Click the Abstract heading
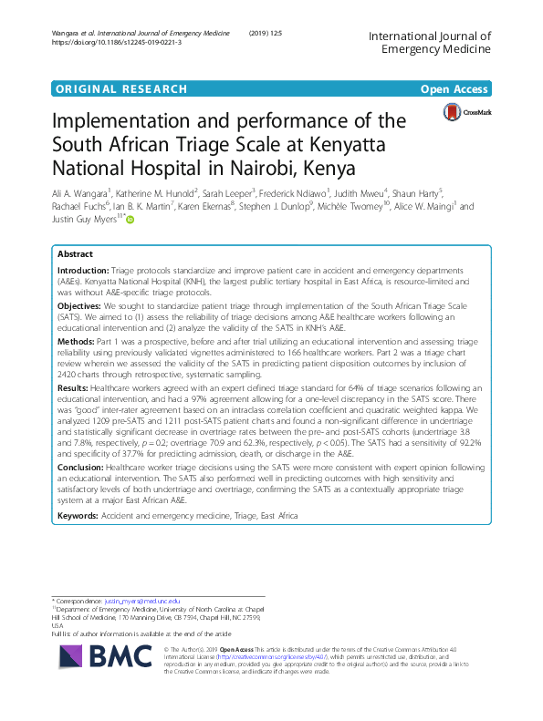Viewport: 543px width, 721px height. pyautogui.click(x=75, y=254)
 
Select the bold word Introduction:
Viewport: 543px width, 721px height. pyautogui.click(x=82, y=273)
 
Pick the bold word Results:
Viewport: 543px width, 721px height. pyautogui.click(x=74, y=388)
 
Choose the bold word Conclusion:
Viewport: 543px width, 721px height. pyautogui.click(x=80, y=469)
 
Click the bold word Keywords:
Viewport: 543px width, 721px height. pyautogui.click(x=79, y=516)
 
